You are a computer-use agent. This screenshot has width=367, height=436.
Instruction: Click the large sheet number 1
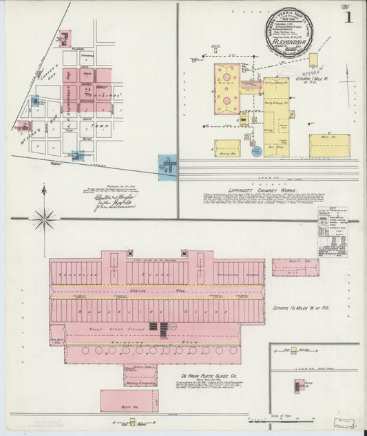click(352, 16)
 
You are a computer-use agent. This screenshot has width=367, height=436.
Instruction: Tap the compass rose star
click(45, 221)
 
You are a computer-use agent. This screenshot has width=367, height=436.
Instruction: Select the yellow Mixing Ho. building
click(227, 148)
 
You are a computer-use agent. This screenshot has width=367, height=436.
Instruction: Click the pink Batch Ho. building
click(295, 267)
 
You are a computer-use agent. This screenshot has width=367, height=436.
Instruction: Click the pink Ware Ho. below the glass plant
click(129, 400)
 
